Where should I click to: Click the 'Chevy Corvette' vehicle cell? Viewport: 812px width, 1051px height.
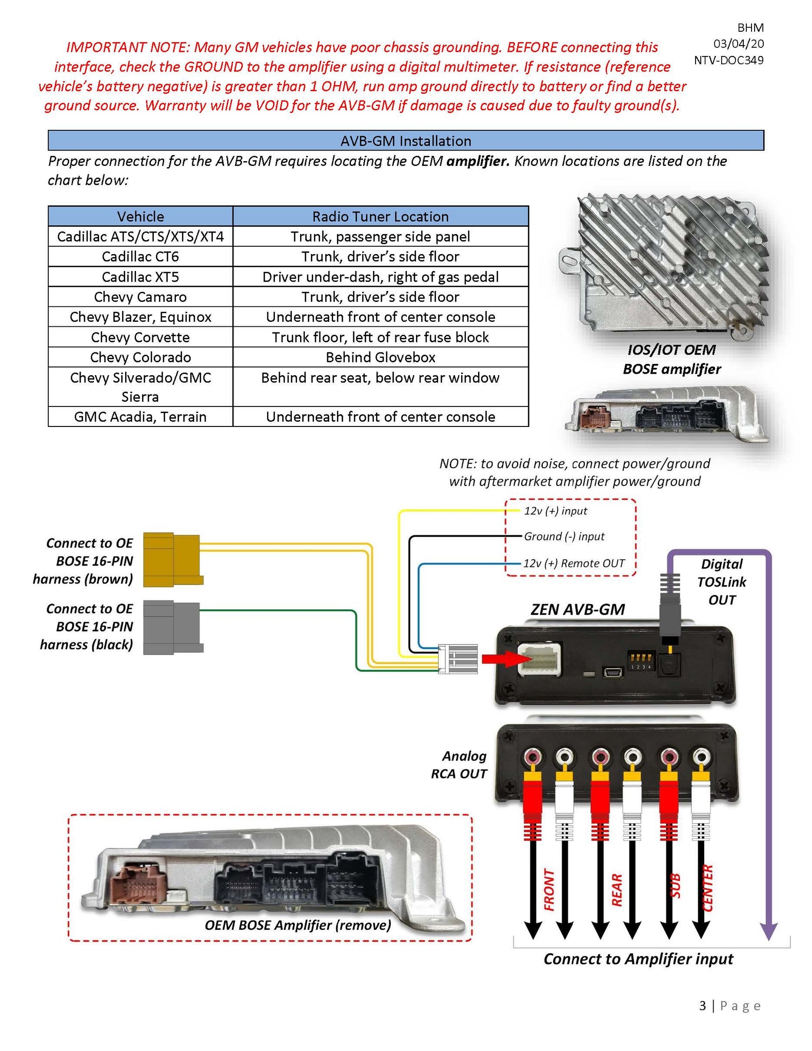point(140,337)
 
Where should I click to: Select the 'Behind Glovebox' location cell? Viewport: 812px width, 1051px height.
point(380,357)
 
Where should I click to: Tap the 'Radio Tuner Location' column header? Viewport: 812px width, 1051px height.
point(380,217)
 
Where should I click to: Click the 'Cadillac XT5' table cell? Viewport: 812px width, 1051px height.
point(140,277)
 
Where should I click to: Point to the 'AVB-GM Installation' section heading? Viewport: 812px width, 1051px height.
point(405,141)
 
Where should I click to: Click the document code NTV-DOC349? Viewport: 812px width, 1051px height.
point(728,60)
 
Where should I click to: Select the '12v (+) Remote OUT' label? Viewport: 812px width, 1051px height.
point(573,563)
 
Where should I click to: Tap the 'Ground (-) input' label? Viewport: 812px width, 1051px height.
point(564,536)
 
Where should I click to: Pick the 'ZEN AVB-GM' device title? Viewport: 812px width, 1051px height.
point(578,610)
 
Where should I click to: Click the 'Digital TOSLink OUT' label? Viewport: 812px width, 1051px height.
point(721,582)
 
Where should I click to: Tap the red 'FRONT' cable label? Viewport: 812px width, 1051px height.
point(549,890)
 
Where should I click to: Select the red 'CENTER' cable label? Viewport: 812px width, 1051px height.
point(707,888)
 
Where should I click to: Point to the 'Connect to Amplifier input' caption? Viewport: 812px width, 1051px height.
point(638,959)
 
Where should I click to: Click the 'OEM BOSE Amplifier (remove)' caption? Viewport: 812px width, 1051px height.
point(298,925)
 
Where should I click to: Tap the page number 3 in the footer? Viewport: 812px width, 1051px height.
point(702,1006)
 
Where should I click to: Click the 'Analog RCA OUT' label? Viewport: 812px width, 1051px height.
point(459,765)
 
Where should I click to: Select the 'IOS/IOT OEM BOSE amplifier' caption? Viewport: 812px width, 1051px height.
point(671,359)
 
